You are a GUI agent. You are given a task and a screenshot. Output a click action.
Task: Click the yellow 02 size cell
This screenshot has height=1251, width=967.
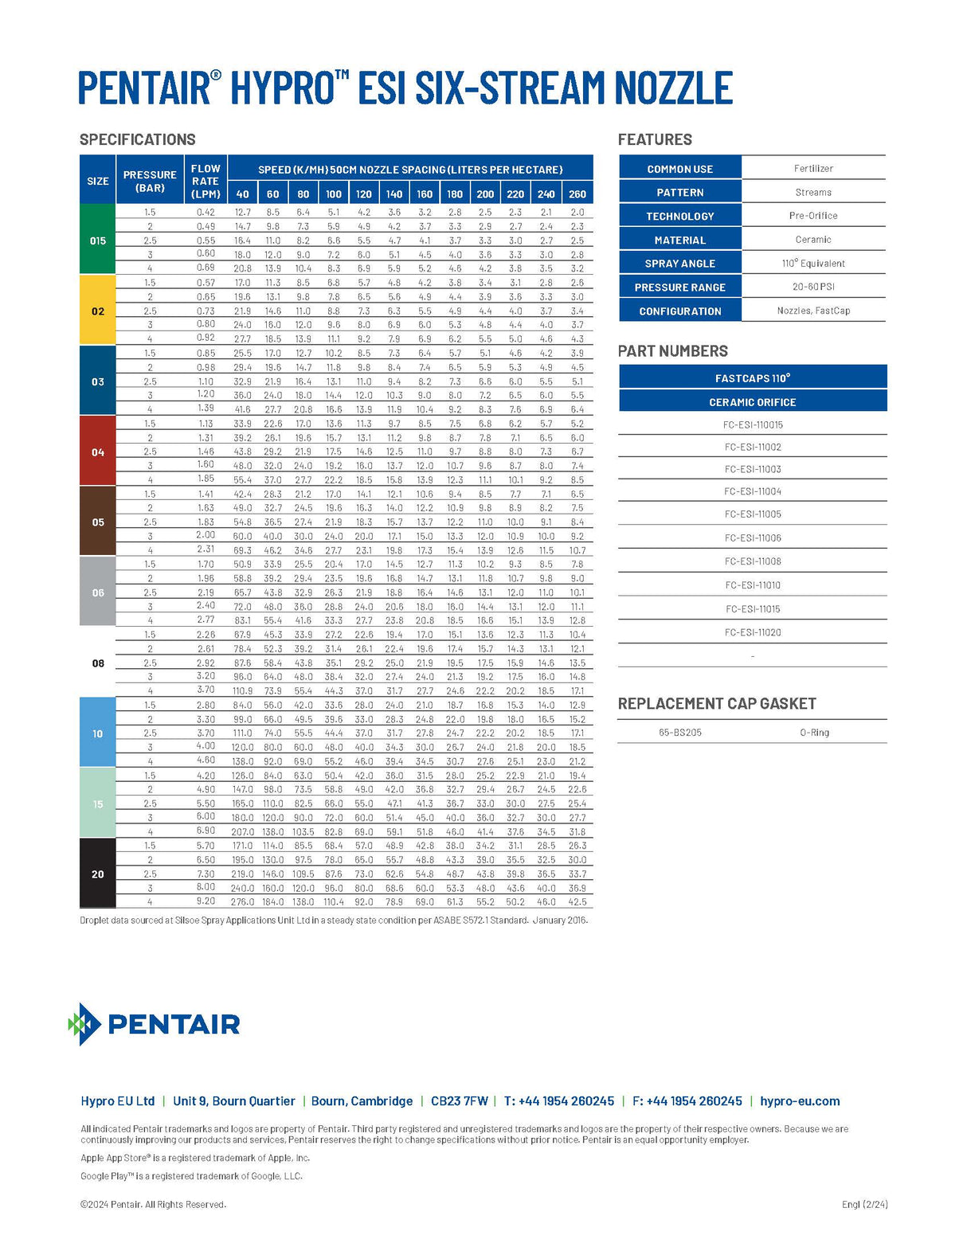coord(98,311)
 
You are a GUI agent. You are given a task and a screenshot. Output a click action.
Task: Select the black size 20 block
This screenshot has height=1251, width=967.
coord(98,874)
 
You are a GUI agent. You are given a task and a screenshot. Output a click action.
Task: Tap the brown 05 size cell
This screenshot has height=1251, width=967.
coord(98,522)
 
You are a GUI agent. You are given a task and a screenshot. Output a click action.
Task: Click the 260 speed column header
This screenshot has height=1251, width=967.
coord(577,194)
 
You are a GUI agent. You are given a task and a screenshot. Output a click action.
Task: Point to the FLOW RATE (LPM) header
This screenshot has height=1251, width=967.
coord(206,181)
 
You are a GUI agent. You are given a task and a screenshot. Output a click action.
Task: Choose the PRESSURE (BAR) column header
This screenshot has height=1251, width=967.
coord(150,181)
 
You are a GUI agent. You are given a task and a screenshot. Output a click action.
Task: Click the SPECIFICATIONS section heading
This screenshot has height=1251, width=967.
coord(138,139)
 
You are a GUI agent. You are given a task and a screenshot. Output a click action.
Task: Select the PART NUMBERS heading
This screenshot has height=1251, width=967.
coord(673,351)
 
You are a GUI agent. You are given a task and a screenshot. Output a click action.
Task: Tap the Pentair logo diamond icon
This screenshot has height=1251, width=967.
coord(84,1023)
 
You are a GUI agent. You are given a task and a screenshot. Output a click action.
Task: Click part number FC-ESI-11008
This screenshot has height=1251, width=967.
coord(753,561)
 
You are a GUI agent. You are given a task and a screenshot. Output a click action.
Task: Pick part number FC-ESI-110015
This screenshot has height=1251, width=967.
coord(753,424)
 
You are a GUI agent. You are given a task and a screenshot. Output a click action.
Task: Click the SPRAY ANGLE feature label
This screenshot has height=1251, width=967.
coord(680,264)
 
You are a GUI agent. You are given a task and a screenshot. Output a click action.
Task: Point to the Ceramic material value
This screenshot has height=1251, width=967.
coord(813,240)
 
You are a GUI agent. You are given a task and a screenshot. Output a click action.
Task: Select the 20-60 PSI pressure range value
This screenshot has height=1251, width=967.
coord(813,287)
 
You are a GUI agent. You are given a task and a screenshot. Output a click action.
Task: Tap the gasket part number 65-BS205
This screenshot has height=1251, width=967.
coord(680,733)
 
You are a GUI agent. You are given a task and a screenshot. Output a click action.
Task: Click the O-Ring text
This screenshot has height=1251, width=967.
coord(814,733)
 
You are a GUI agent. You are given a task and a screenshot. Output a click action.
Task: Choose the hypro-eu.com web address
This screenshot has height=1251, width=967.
coord(800,1101)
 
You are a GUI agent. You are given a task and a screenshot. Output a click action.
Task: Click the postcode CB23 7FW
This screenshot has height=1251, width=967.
coord(459,1101)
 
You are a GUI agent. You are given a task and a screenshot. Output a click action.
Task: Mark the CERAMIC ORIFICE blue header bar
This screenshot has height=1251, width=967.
coord(753,402)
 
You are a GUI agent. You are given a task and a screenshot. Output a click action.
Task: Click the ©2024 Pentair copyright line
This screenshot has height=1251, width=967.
coord(153,1204)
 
